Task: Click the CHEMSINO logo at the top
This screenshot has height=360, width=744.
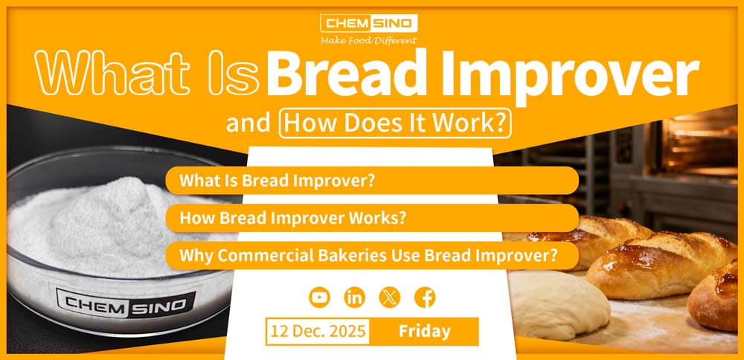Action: click(368, 22)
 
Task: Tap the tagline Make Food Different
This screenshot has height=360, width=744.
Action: click(369, 40)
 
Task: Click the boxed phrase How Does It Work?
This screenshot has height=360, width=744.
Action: click(396, 123)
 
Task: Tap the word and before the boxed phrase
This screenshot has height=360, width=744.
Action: click(248, 123)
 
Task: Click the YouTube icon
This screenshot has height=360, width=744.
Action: click(319, 298)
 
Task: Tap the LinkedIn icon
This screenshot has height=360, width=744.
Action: click(354, 298)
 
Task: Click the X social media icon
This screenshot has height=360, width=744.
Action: click(389, 298)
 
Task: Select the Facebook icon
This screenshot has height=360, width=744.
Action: click(424, 298)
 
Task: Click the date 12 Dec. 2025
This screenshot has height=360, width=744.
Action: click(318, 331)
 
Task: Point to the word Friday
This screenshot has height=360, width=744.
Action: click(424, 331)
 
